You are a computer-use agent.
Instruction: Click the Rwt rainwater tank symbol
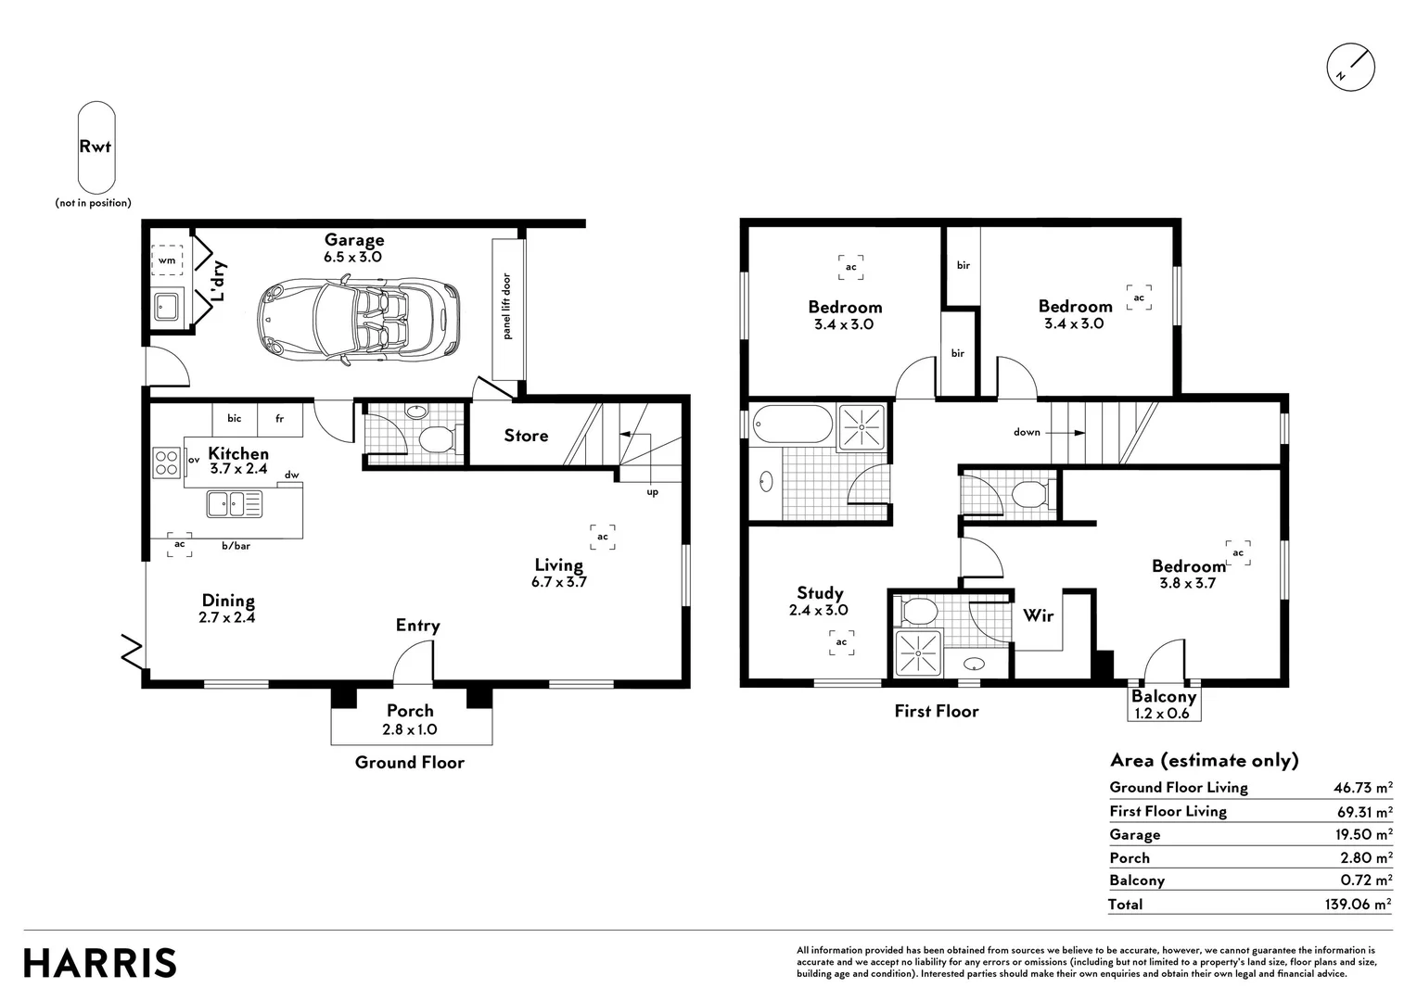pos(96,147)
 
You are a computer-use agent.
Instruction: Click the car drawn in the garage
pos(358,322)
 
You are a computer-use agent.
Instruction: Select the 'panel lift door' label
pos(506,307)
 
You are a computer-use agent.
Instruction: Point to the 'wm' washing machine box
pos(167,260)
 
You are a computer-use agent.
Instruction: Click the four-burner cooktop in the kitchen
pos(166,462)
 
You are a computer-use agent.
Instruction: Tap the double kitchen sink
pos(234,504)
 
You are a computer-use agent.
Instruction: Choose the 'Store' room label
pos(526,435)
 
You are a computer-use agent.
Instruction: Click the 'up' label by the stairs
pos(652,492)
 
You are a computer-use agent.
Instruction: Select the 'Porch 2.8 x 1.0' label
pos(410,719)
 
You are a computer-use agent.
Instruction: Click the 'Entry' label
pos(417,626)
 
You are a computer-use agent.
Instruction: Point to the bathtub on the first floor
pos(793,424)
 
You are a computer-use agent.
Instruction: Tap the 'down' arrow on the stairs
pos(1066,433)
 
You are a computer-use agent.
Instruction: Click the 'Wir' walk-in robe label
pos(1038,615)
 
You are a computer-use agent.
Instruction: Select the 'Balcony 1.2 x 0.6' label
pos(1163,705)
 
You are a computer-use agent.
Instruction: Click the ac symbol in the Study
pos(841,642)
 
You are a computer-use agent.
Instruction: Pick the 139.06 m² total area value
pos(1359,904)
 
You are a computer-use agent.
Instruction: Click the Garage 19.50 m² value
pos(1364,834)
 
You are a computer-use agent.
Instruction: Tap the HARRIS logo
pos(100,963)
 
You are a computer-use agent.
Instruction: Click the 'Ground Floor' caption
pos(409,762)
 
